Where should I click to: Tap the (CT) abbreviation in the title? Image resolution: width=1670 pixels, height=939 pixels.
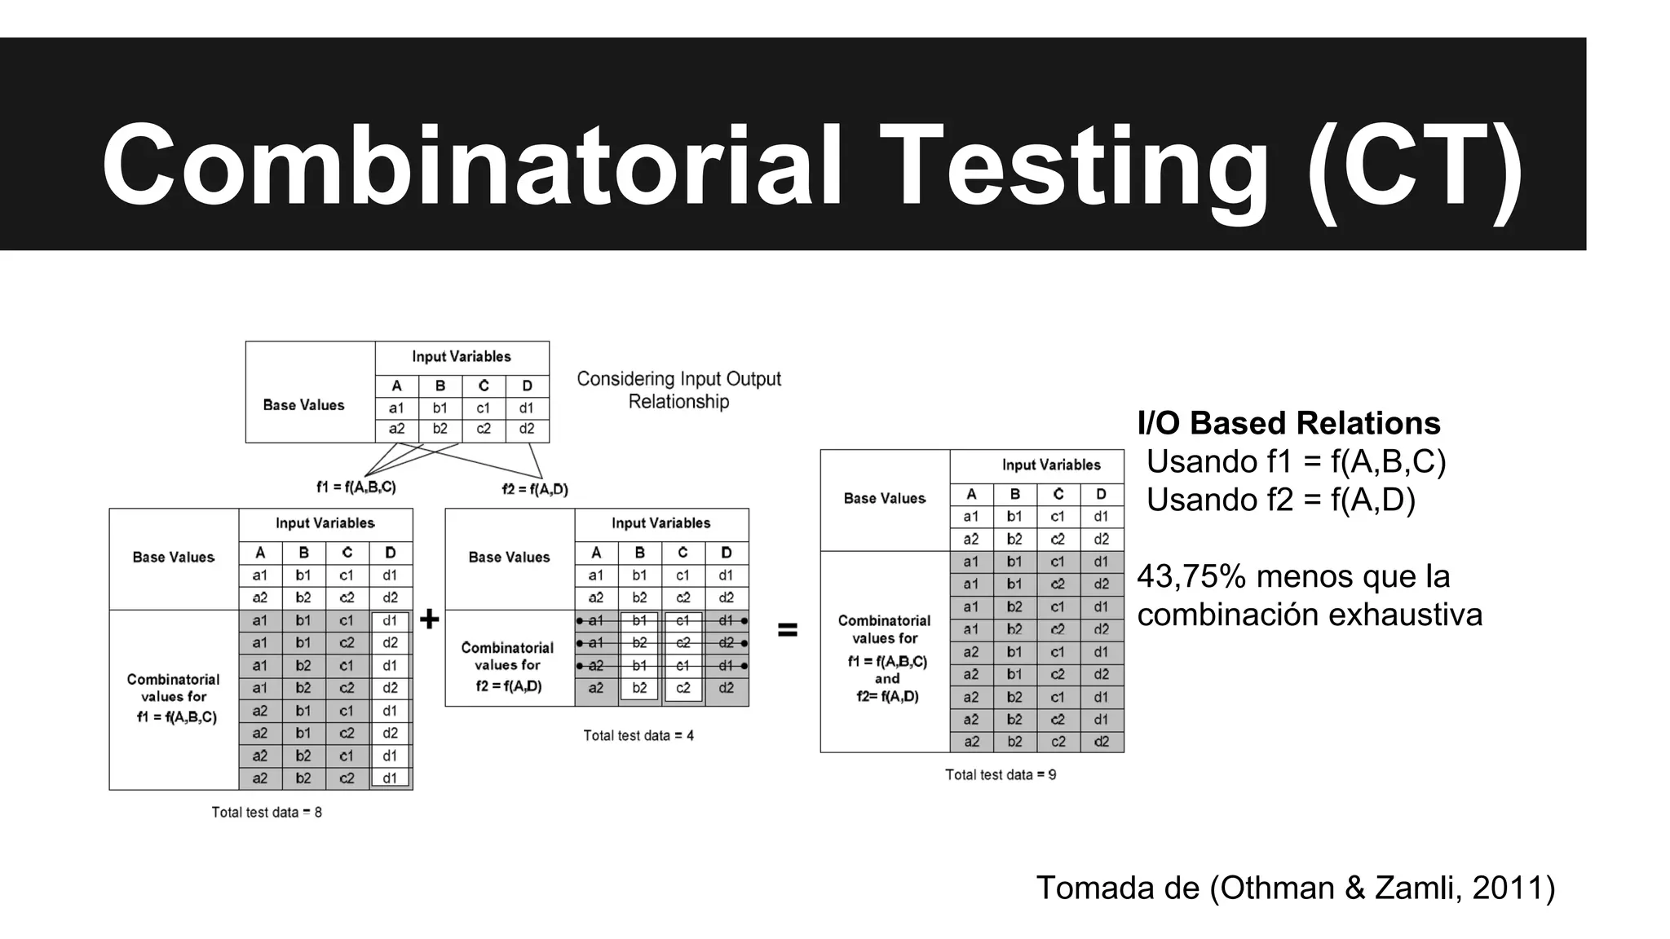pyautogui.click(x=1415, y=167)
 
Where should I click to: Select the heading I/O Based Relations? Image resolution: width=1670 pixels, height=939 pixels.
pyautogui.click(x=1288, y=424)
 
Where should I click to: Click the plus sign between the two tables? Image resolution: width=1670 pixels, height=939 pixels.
pyautogui.click(x=429, y=620)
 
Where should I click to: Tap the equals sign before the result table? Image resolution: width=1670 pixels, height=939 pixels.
pyautogui.click(x=787, y=630)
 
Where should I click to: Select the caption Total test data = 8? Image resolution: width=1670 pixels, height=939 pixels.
pyautogui.click(x=267, y=813)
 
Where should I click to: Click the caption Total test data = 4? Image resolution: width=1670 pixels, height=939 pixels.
pyautogui.click(x=638, y=736)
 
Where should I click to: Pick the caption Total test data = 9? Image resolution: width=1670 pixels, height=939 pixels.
pyautogui.click(x=1001, y=775)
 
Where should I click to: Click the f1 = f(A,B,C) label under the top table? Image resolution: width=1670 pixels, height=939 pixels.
pyautogui.click(x=356, y=487)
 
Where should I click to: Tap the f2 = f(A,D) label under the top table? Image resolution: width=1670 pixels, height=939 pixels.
pyautogui.click(x=535, y=490)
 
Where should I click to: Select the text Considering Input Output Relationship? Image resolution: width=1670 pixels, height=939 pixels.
pyautogui.click(x=678, y=390)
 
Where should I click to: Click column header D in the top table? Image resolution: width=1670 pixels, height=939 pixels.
pyautogui.click(x=527, y=386)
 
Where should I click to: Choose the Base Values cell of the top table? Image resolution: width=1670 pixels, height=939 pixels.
pyautogui.click(x=303, y=405)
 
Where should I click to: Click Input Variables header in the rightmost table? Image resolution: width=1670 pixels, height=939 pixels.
pyautogui.click(x=1051, y=465)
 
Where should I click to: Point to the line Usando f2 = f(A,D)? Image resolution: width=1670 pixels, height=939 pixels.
pyautogui.click(x=1280, y=500)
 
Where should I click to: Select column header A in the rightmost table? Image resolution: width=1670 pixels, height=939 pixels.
pyautogui.click(x=971, y=495)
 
